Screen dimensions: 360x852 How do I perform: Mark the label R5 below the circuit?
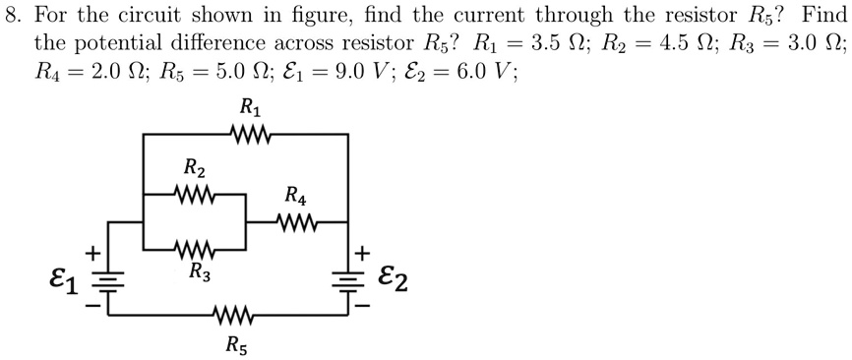tap(237, 343)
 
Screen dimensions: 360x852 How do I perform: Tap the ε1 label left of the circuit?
tap(62, 282)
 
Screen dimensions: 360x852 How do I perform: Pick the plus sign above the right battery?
tap(364, 254)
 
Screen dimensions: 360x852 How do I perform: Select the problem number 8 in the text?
tap(12, 17)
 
